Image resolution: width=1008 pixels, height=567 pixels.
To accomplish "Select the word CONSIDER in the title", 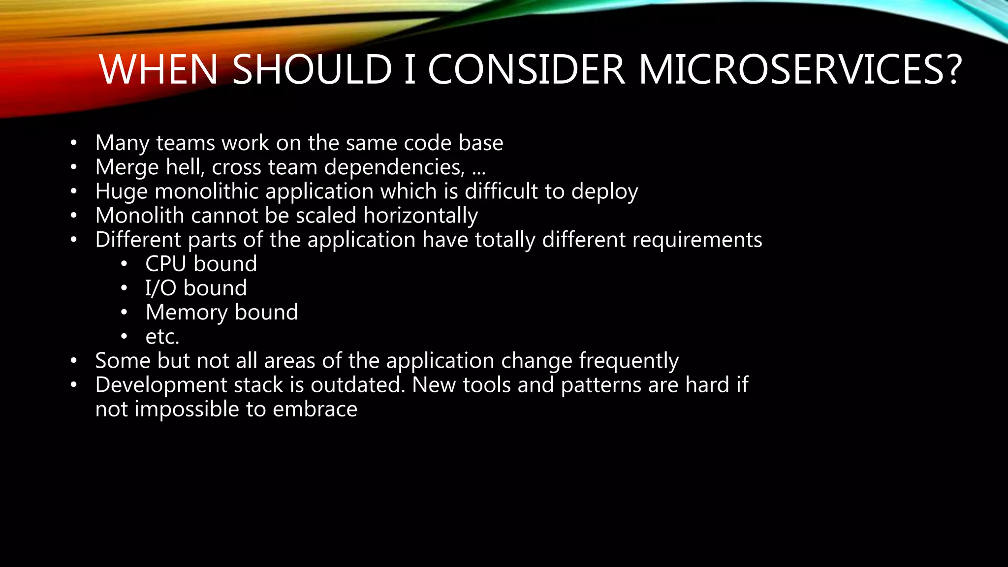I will pyautogui.click(x=526, y=69).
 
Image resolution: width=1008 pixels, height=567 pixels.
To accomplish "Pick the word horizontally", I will pyautogui.click(x=420, y=216).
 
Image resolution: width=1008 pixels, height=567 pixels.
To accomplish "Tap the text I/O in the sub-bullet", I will pyautogui.click(x=160, y=288).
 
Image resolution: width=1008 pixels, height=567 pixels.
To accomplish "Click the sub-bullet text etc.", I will pyautogui.click(x=162, y=337).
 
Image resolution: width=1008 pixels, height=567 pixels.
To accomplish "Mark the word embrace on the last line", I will pyautogui.click(x=315, y=409).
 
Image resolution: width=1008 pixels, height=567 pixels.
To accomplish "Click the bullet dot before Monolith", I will pyautogui.click(x=74, y=216).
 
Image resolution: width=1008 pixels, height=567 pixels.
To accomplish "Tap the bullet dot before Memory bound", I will pyautogui.click(x=124, y=313).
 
